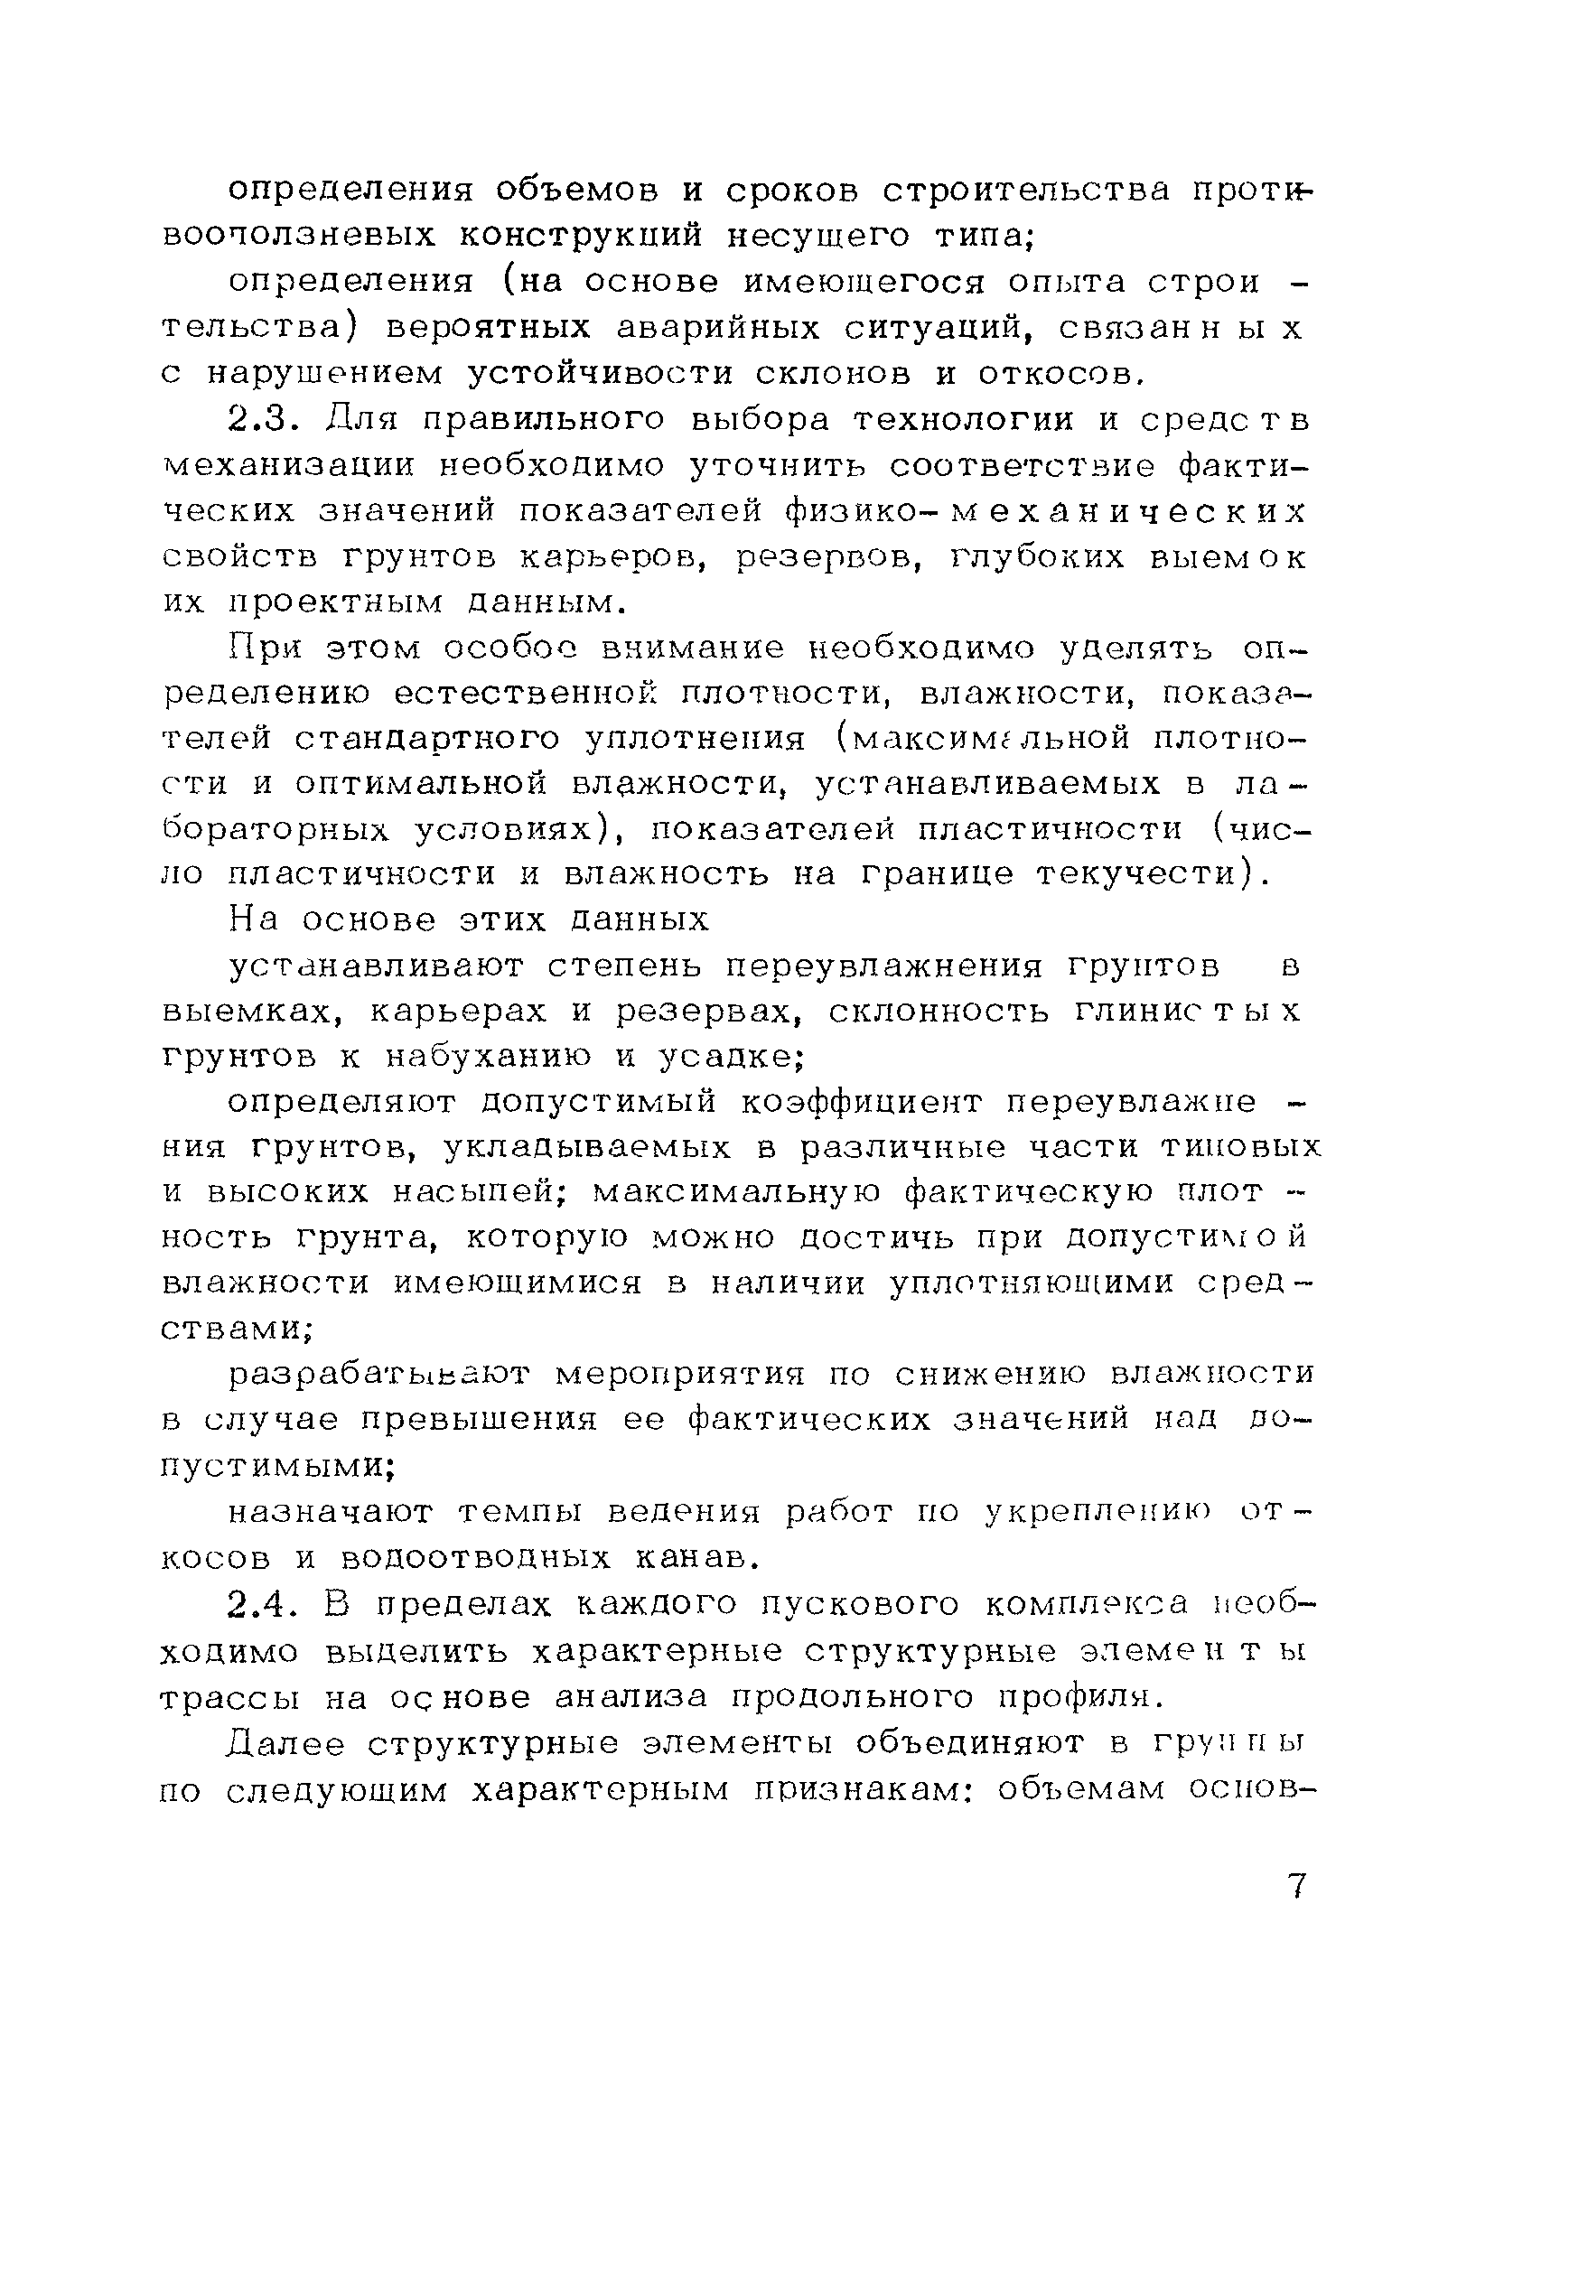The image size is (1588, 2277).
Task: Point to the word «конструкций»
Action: [581, 236]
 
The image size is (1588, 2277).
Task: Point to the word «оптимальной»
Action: [422, 785]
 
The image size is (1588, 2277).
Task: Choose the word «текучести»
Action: [1141, 874]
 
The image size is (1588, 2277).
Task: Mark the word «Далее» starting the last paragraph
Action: [285, 1742]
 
